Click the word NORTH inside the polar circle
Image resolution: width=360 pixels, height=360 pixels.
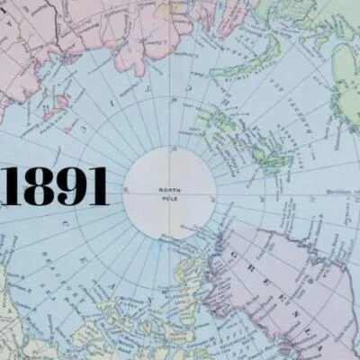point(169,190)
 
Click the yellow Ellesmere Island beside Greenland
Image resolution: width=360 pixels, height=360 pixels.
point(184,270)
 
